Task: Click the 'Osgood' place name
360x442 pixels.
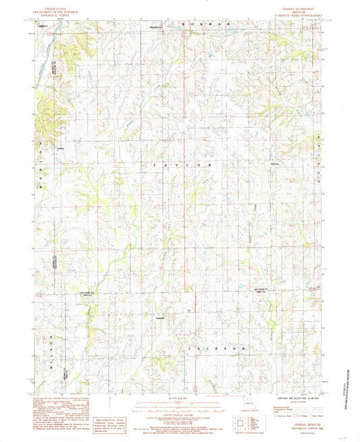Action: point(274,164)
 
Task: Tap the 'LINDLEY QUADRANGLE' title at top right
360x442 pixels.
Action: point(299,8)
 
